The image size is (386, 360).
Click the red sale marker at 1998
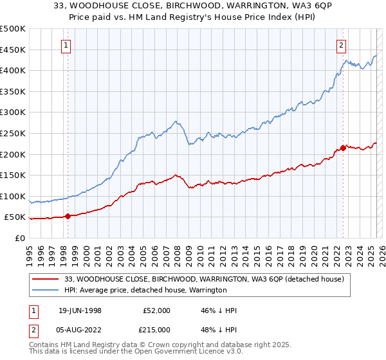click(x=68, y=216)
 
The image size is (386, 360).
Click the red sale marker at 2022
click(x=343, y=148)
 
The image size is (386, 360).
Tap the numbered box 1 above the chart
click(x=68, y=45)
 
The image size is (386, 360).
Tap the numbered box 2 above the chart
click(x=341, y=45)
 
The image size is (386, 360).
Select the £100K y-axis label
click(x=12, y=196)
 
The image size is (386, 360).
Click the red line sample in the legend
click(x=45, y=279)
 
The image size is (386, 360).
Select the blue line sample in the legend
click(x=45, y=290)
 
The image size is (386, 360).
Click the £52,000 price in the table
click(x=157, y=310)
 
